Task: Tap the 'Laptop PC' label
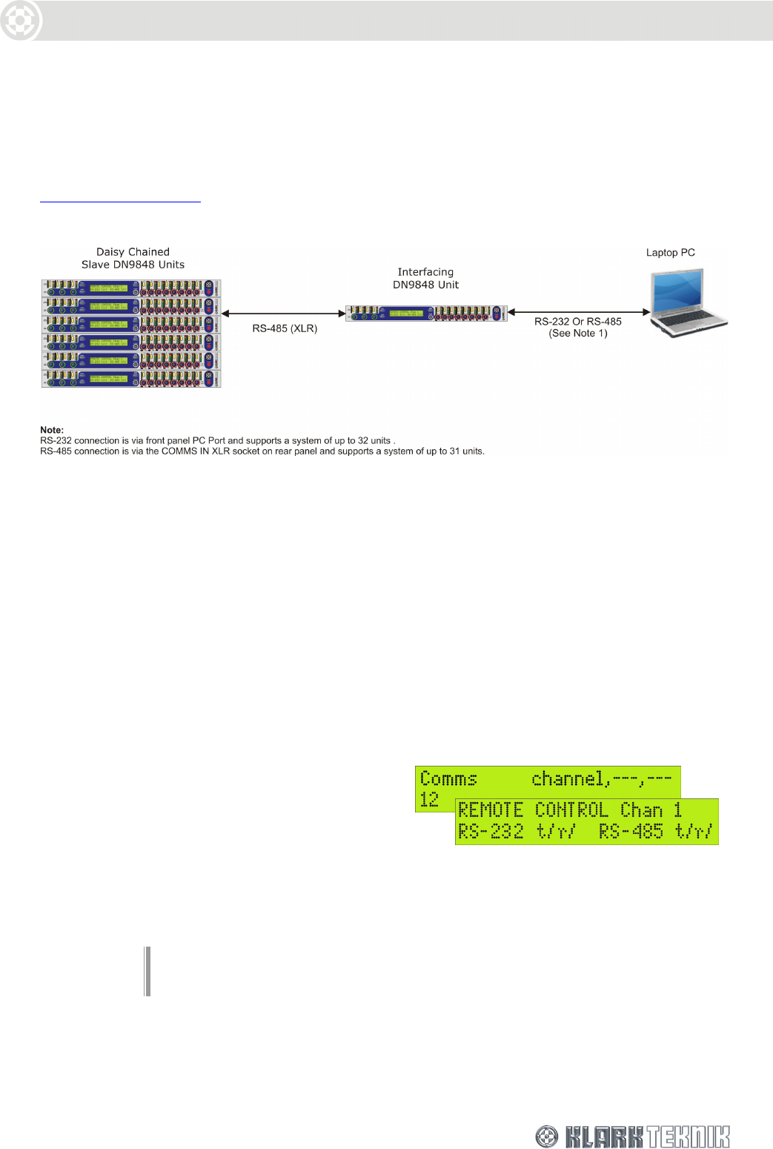670,253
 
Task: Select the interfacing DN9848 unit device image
426,314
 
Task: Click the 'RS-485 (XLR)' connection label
285,328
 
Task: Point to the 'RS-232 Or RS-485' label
578,322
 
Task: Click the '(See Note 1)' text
578,334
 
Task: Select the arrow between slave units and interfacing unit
283,314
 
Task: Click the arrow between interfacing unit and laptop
579,312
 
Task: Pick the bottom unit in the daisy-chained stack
131,378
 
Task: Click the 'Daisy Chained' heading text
133,252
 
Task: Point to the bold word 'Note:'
52,430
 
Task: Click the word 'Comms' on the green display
448,779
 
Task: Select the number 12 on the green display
429,799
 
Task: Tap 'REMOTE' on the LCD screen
491,810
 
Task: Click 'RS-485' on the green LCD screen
631,832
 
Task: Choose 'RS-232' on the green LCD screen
491,832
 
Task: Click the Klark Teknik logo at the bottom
633,1136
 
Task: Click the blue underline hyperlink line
120,201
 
